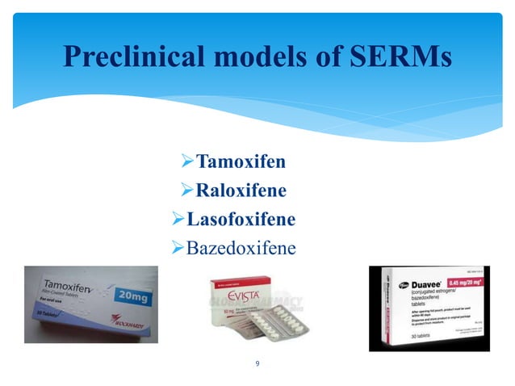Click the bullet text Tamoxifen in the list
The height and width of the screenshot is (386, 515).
tap(241, 161)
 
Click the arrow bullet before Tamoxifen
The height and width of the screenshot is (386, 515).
tap(189, 161)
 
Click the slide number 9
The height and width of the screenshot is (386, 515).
tap(257, 363)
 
